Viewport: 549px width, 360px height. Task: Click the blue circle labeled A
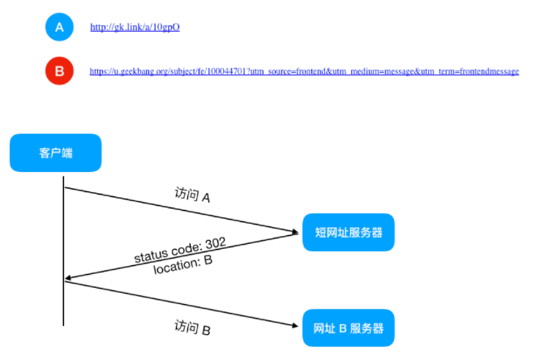click(x=59, y=27)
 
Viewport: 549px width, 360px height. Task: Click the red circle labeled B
click(x=59, y=71)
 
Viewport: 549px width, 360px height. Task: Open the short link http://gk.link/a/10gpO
click(x=135, y=27)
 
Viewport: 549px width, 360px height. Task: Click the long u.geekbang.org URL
click(x=304, y=71)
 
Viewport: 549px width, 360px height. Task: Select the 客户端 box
click(x=56, y=152)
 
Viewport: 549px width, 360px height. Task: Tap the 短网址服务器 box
click(x=348, y=233)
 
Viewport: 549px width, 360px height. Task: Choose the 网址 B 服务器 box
click(x=348, y=328)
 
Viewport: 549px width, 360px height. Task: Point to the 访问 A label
click(x=193, y=195)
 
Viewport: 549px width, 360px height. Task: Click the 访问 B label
click(x=193, y=328)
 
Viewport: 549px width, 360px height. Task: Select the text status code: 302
click(x=179, y=251)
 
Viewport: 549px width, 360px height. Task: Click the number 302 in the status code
click(x=214, y=242)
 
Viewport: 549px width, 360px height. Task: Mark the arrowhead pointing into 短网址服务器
click(x=294, y=234)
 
